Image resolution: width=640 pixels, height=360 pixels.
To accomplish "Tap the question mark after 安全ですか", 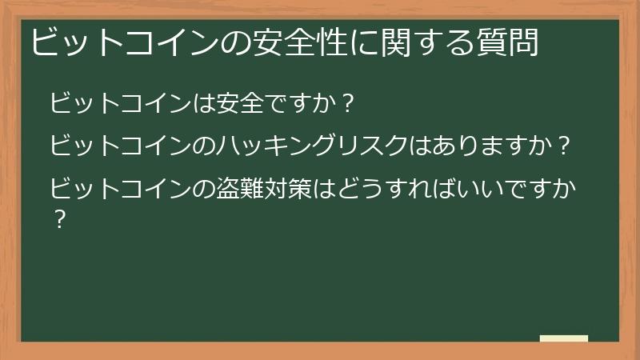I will point(347,104).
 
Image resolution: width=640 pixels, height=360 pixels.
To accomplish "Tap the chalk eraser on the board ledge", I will point(564,338).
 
